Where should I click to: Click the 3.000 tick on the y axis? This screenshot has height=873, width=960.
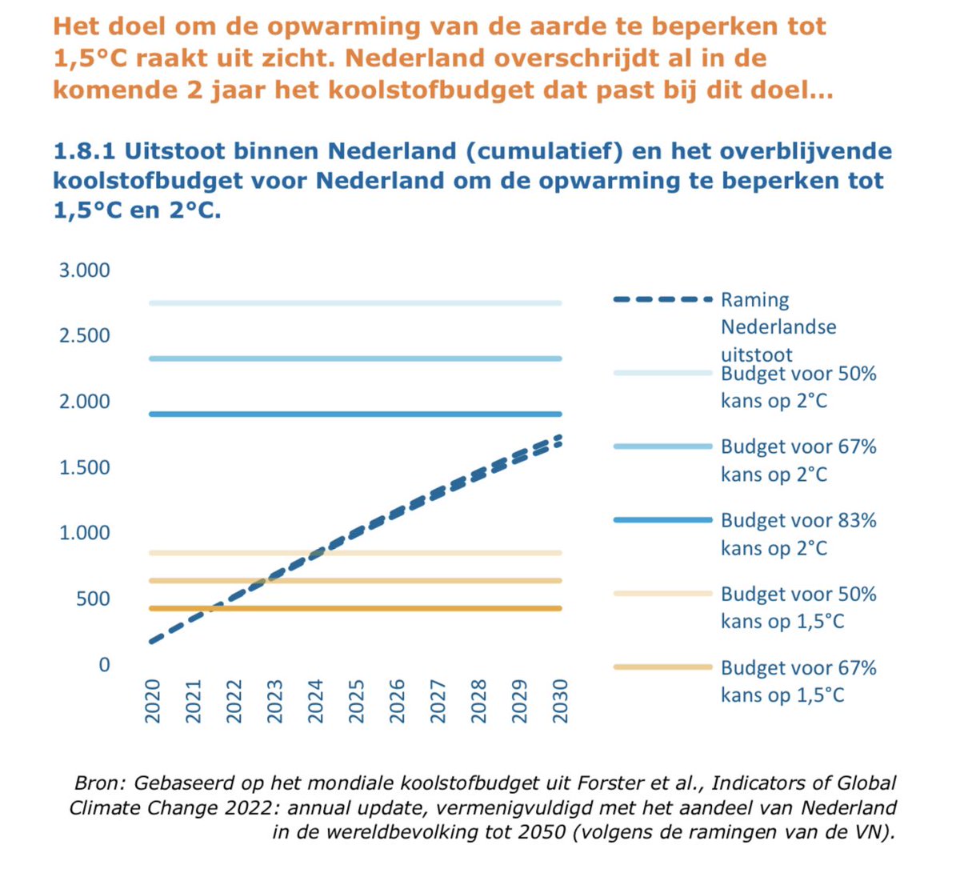pyautogui.click(x=84, y=270)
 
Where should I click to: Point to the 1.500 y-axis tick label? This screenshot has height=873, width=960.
pyautogui.click(x=84, y=467)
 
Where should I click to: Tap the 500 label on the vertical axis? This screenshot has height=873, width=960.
pyautogui.click(x=93, y=599)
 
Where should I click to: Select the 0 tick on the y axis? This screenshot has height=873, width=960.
pyautogui.click(x=104, y=665)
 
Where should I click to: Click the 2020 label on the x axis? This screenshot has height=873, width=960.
pyautogui.click(x=153, y=701)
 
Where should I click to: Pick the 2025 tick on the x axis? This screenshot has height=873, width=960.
pyautogui.click(x=357, y=701)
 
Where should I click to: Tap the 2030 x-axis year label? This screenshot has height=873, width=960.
pyautogui.click(x=560, y=701)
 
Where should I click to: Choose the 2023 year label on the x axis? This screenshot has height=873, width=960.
pyautogui.click(x=275, y=701)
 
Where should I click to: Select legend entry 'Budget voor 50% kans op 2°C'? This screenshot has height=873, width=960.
pyautogui.click(x=798, y=386)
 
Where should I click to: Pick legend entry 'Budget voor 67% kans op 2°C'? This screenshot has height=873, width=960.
pyautogui.click(x=798, y=460)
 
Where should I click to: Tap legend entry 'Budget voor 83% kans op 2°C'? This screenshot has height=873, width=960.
pyautogui.click(x=798, y=534)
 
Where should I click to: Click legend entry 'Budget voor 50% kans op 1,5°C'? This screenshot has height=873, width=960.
pyautogui.click(x=798, y=607)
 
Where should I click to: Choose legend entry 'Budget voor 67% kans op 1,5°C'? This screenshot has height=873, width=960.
pyautogui.click(x=798, y=681)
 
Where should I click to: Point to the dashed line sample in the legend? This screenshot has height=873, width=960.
pyautogui.click(x=662, y=299)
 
